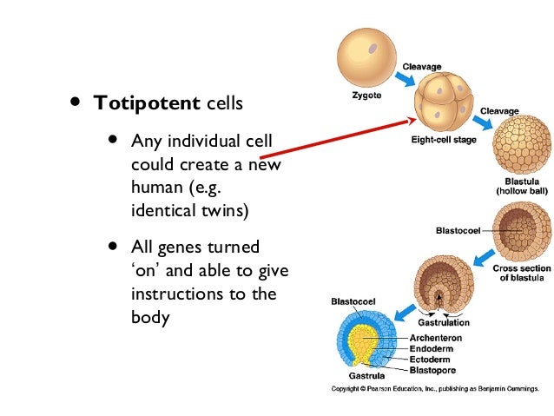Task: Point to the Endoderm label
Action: (x=432, y=349)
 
